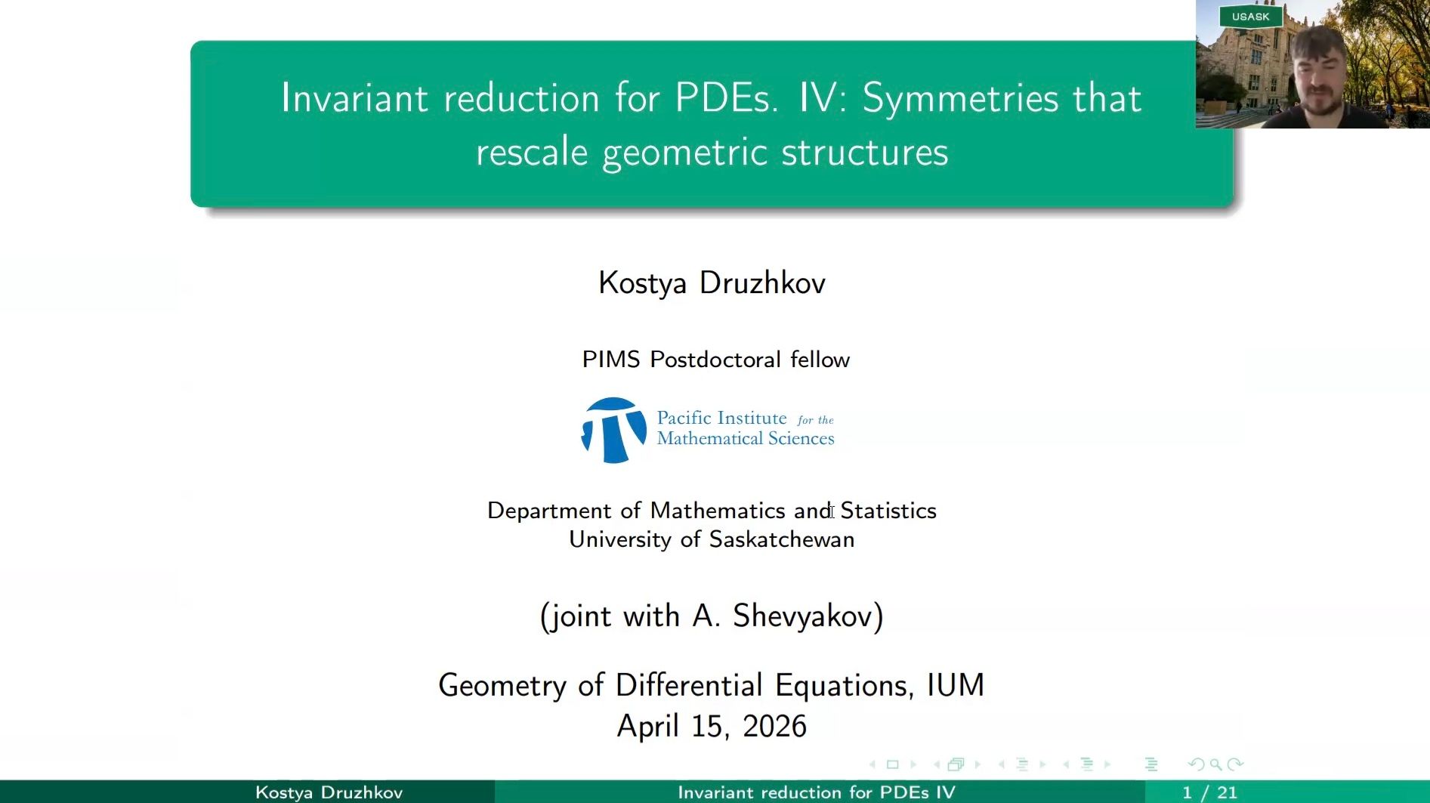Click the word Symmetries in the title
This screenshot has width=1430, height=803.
[960, 99]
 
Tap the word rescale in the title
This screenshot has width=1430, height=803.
[531, 152]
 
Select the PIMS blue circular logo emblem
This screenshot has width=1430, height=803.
[613, 430]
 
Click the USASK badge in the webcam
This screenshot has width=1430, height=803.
[1250, 17]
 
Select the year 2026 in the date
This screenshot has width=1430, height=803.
[774, 727]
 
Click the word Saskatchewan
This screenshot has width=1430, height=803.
[781, 540]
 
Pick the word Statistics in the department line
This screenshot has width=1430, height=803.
[888, 511]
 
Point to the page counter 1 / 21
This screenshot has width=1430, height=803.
[1209, 792]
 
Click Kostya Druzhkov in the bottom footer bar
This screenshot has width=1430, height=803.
[329, 792]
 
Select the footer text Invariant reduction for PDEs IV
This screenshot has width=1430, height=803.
[816, 792]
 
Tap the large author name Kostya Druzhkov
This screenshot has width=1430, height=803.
[712, 283]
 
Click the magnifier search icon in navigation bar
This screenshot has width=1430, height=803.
[1215, 764]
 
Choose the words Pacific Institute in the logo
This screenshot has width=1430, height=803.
[721, 418]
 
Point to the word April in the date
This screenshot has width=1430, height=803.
[648, 727]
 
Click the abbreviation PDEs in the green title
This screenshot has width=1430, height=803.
[725, 99]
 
